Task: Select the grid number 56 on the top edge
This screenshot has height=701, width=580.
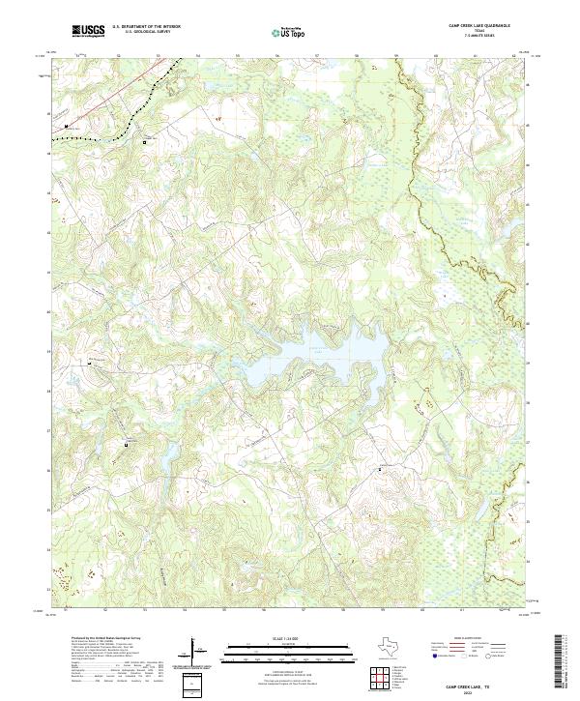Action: pyautogui.click(x=277, y=56)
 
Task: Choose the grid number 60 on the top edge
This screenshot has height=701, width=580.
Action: pyautogui.click(x=436, y=56)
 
